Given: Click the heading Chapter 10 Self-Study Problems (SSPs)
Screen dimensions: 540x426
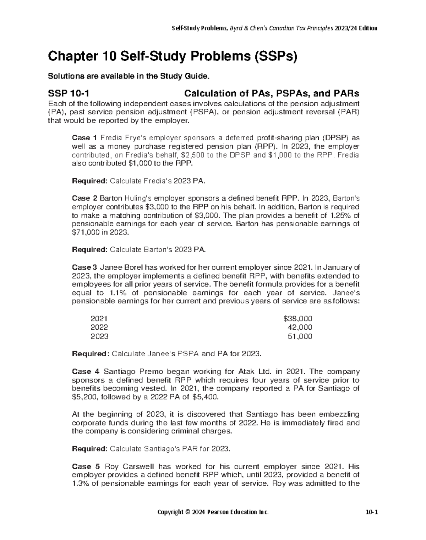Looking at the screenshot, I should (172, 56).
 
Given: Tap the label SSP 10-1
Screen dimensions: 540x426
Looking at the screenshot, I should (68, 93).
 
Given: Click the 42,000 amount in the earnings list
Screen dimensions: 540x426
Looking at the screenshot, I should (300, 328).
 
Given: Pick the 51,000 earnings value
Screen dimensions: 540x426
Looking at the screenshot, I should (300, 336).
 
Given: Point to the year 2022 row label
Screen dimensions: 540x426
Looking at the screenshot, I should (99, 328).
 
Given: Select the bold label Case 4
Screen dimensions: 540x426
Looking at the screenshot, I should (86, 372).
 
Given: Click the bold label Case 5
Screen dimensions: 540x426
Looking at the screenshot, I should (86, 466).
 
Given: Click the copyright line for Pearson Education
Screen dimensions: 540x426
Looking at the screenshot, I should (213, 512).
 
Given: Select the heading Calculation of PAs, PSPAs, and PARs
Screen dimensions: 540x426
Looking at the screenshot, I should (271, 93).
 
